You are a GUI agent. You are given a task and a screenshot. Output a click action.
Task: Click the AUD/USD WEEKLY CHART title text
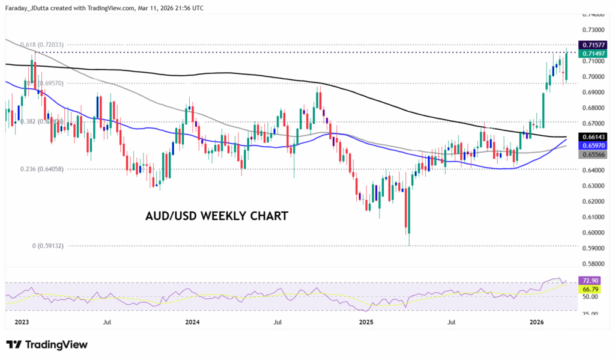click(217, 216)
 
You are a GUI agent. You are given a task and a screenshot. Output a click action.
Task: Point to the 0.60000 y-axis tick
click(594, 233)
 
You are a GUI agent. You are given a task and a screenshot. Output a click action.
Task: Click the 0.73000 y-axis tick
click(594, 29)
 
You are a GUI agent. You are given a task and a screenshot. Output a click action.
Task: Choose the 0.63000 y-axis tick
click(594, 186)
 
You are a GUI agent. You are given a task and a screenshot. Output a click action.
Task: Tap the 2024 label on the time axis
click(192, 322)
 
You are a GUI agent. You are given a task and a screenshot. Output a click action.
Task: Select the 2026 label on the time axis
click(538, 322)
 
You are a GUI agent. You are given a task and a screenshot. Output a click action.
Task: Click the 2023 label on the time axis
click(22, 322)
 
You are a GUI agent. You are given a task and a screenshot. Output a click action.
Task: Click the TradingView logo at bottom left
click(47, 344)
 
